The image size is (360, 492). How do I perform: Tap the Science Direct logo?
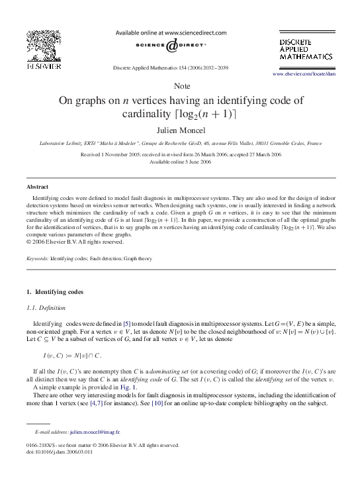171,46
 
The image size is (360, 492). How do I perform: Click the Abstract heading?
38,187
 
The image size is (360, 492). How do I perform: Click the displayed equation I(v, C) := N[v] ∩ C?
68,356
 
